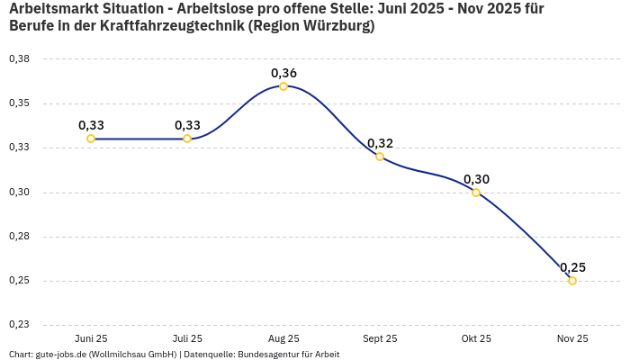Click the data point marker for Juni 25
tap(91, 139)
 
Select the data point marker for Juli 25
tap(187, 139)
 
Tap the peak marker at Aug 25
tap(283, 86)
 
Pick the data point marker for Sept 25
tap(380, 157)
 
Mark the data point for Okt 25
tap(476, 193)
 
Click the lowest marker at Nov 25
tap(572, 281)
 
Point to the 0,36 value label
tap(283, 73)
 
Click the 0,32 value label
tap(380, 143)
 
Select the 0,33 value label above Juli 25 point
tap(187, 125)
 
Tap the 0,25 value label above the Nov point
tap(572, 267)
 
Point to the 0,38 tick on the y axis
tap(19, 58)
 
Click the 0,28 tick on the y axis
tap(19, 237)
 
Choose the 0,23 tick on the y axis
tap(19, 325)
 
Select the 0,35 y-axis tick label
tap(19, 103)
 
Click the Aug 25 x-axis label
tap(283, 338)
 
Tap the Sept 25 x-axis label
tap(380, 338)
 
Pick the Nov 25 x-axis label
tap(572, 338)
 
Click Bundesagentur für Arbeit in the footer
tap(288, 355)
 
